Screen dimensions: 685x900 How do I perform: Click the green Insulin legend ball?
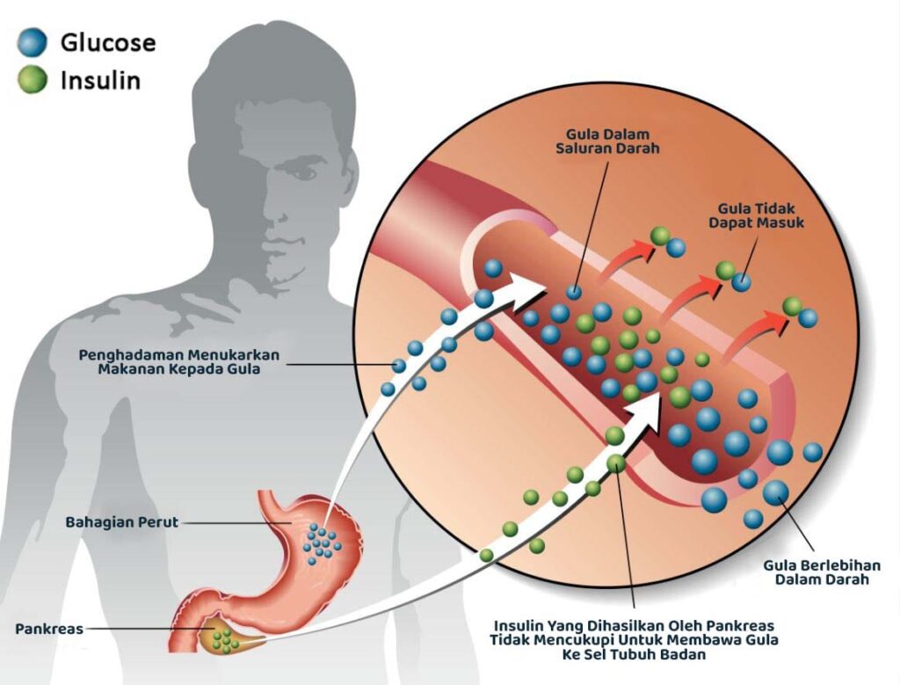coord(32,81)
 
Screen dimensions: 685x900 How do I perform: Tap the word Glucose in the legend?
coord(107,42)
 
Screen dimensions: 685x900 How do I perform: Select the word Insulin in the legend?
coord(100,81)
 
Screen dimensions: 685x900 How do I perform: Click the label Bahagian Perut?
coord(121,522)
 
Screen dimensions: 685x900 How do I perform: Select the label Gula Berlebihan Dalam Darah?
coord(821,572)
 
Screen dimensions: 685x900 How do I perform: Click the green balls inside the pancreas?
coord(226,638)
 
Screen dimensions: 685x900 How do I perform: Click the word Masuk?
coord(782,222)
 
